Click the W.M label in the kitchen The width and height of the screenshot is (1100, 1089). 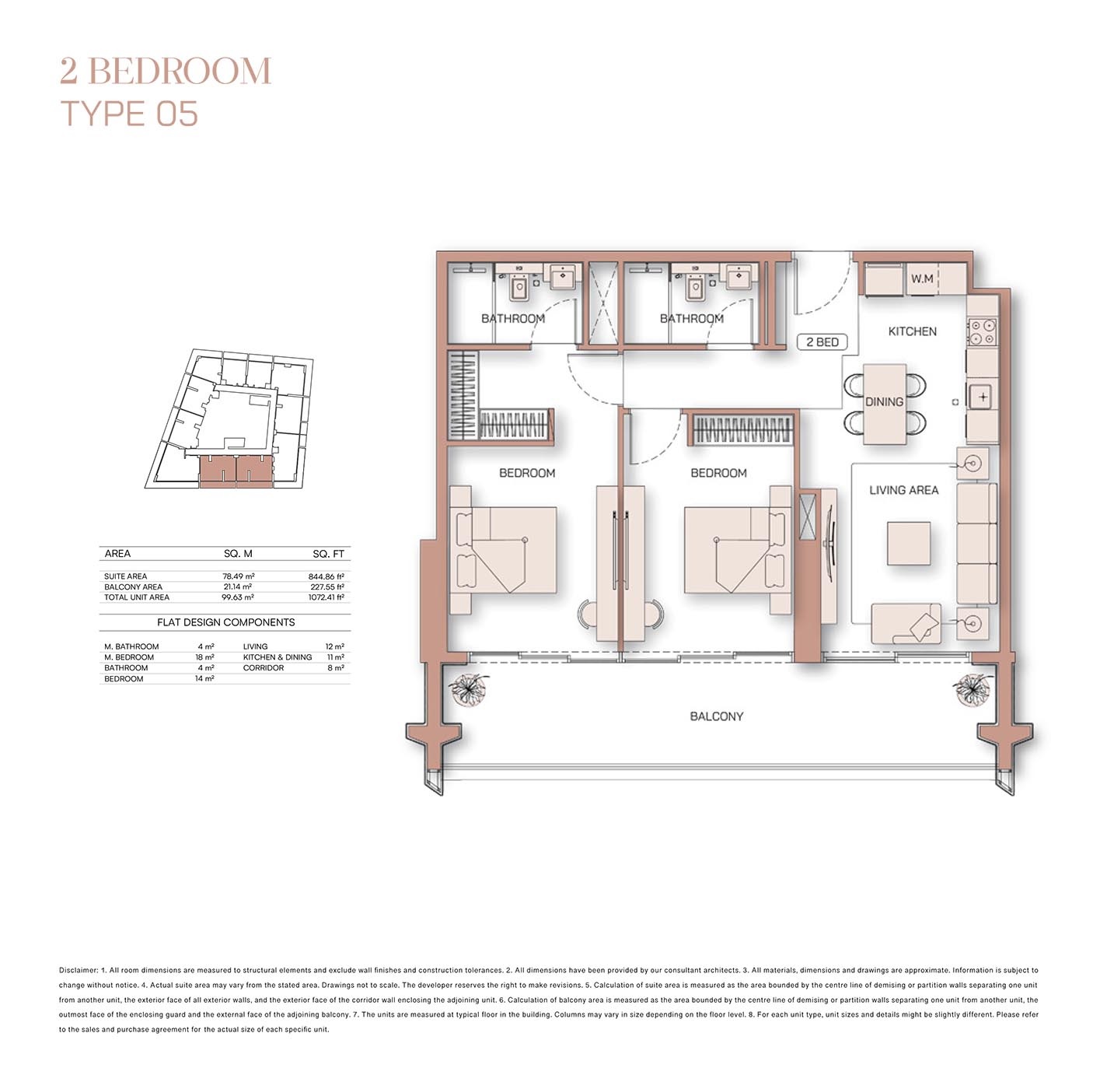pyautogui.click(x=922, y=278)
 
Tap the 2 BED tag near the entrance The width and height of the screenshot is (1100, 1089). pyautogui.click(x=822, y=342)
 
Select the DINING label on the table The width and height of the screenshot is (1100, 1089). pyautogui.click(x=884, y=402)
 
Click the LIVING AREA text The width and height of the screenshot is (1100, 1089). pyautogui.click(x=903, y=490)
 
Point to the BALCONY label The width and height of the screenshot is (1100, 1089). pyautogui.click(x=716, y=716)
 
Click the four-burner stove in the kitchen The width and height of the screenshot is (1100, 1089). pyautogui.click(x=982, y=332)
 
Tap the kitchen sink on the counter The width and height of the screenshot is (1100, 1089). pyautogui.click(x=982, y=397)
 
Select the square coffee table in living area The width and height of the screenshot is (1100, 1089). pyautogui.click(x=909, y=543)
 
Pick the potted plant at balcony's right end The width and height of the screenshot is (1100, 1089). pyautogui.click(x=970, y=688)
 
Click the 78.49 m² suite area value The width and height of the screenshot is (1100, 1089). pyautogui.click(x=238, y=576)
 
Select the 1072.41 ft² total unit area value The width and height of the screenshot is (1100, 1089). pyautogui.click(x=326, y=597)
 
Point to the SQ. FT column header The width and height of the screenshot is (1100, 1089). pyautogui.click(x=328, y=554)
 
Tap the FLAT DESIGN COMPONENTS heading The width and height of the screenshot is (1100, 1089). pyautogui.click(x=225, y=622)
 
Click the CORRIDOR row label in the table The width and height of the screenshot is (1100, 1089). pyautogui.click(x=264, y=668)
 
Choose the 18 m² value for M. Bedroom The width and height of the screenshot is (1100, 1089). pyautogui.click(x=204, y=657)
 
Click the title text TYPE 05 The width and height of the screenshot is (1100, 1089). pyautogui.click(x=129, y=114)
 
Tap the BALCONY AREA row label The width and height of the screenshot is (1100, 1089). pyautogui.click(x=133, y=587)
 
